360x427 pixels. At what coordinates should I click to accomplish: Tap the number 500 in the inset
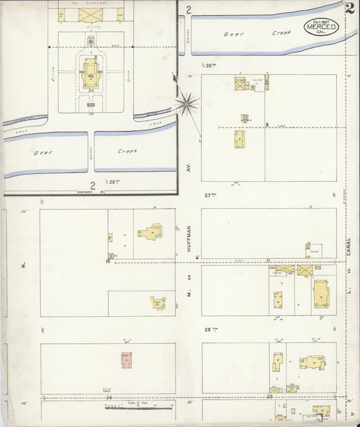[90, 105]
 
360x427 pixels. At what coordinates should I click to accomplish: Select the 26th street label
[210, 330]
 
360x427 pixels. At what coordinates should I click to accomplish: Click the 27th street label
[210, 195]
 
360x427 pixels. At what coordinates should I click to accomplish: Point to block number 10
[107, 261]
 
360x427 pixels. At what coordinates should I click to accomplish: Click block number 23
[269, 397]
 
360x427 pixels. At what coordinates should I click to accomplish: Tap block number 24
[107, 397]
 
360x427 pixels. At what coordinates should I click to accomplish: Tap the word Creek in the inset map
[127, 152]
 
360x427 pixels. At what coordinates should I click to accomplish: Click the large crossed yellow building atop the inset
[88, 14]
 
